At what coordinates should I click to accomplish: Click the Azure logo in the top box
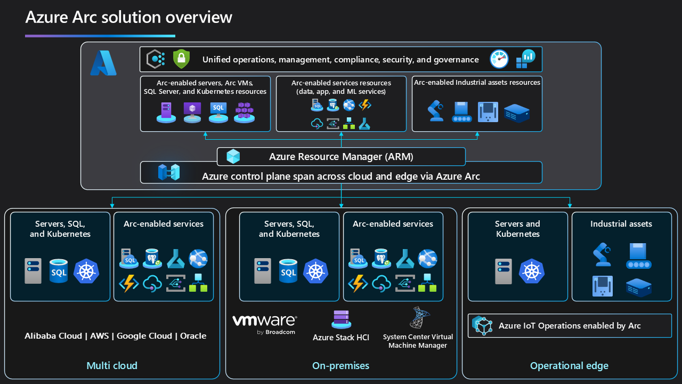pyautogui.click(x=103, y=63)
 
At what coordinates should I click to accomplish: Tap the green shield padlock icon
pyautogui.click(x=181, y=59)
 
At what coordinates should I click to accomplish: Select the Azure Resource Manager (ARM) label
pyautogui.click(x=341, y=157)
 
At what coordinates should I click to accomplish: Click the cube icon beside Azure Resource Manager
pyautogui.click(x=233, y=157)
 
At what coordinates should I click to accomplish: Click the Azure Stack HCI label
pyautogui.click(x=340, y=338)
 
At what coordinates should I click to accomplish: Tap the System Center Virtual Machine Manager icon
pyautogui.click(x=418, y=318)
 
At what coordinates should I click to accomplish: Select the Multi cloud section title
pyautogui.click(x=112, y=366)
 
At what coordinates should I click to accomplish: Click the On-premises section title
pyautogui.click(x=340, y=366)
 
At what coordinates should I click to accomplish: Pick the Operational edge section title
pyautogui.click(x=569, y=366)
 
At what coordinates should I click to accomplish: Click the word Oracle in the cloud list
pyautogui.click(x=193, y=336)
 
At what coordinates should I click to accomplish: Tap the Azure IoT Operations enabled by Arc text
pyautogui.click(x=570, y=326)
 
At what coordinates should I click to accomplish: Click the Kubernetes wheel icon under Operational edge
pyautogui.click(x=531, y=271)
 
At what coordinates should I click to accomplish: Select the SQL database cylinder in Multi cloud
pyautogui.click(x=59, y=271)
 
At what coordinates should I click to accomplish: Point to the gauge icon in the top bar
pyautogui.click(x=499, y=59)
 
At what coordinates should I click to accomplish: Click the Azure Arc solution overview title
pyautogui.click(x=129, y=17)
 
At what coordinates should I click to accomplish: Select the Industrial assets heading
pyautogui.click(x=621, y=224)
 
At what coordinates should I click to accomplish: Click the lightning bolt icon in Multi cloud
pyautogui.click(x=128, y=283)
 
